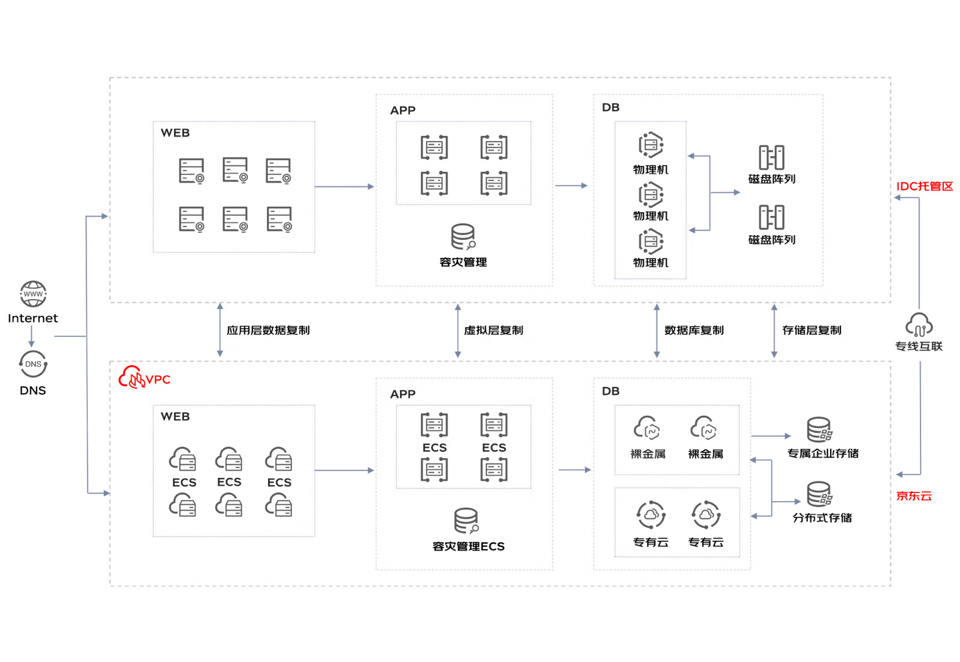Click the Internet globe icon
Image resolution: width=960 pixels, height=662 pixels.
[33, 294]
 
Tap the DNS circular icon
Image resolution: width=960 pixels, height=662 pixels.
[33, 364]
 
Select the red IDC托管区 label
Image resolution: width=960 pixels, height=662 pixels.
[925, 186]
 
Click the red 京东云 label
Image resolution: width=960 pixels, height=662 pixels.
[914, 496]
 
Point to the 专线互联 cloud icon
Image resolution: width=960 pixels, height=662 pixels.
[919, 325]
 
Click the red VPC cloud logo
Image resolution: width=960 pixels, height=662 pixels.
[132, 377]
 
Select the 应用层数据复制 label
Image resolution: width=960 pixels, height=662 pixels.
[268, 330]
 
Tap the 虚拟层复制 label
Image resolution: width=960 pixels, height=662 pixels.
[494, 330]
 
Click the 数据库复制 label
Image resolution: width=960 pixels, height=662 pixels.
[694, 330]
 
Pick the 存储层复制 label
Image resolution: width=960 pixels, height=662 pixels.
[812, 330]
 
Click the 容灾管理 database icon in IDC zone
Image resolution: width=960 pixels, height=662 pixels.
[463, 236]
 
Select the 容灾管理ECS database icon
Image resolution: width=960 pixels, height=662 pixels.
[466, 520]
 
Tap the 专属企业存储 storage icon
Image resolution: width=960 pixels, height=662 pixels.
[820, 429]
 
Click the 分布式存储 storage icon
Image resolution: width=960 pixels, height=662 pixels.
[820, 494]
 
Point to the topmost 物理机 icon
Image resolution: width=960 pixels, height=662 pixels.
[651, 145]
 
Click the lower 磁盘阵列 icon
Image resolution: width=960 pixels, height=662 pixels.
[771, 217]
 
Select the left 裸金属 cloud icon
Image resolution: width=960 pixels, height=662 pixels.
[647, 428]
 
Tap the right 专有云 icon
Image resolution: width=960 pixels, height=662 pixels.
[706, 515]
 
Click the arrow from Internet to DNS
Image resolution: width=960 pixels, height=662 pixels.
[31, 336]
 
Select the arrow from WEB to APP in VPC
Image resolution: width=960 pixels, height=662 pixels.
[345, 470]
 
